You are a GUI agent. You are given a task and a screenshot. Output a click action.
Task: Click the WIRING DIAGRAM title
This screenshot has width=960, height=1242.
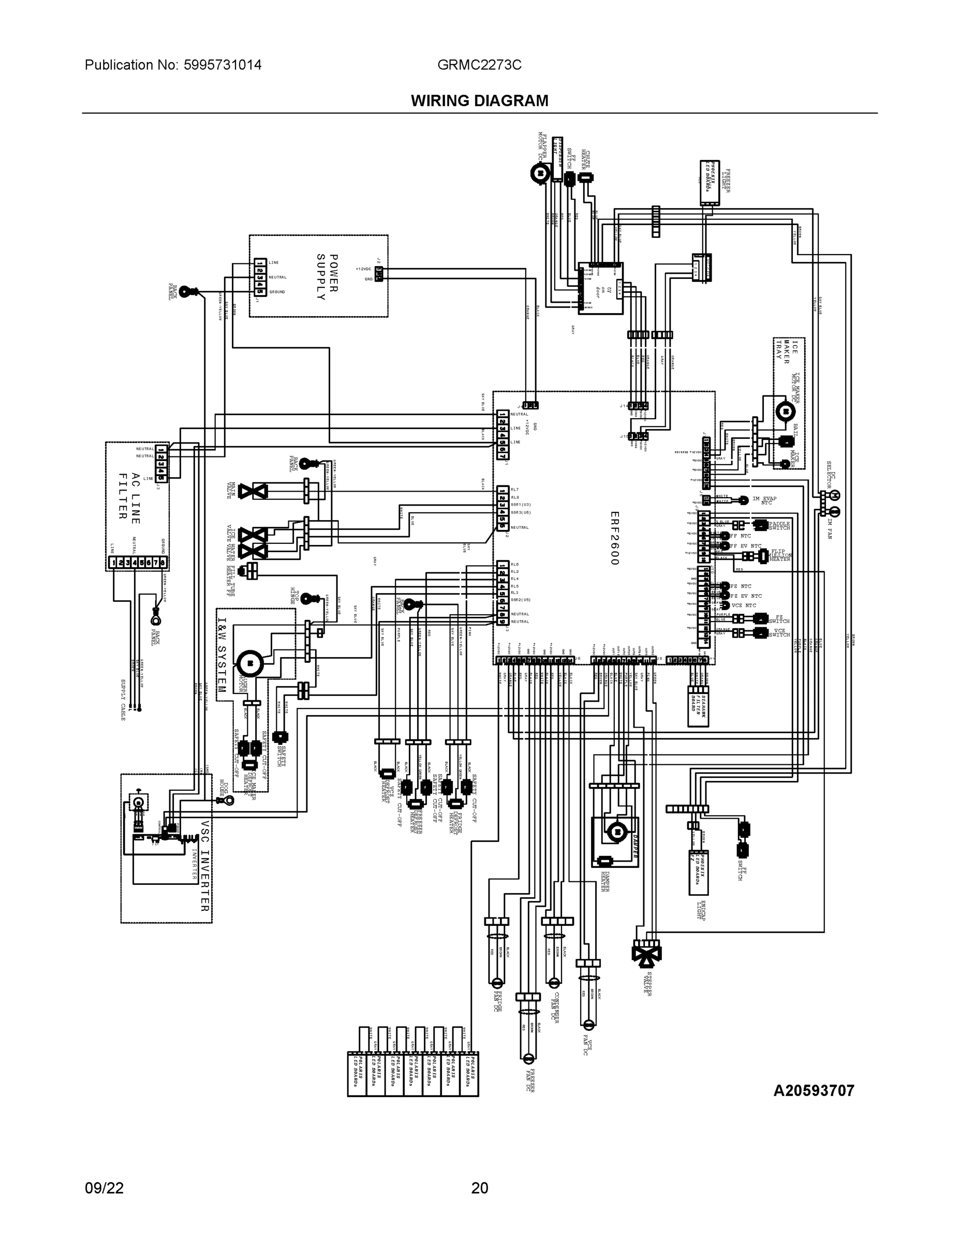[479, 101]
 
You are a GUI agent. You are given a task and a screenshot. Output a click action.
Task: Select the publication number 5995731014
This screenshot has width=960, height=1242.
[223, 65]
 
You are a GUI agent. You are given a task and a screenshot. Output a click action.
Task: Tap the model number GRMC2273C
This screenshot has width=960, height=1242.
[479, 65]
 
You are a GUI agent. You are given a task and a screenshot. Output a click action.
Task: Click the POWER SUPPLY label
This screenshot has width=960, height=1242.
[327, 277]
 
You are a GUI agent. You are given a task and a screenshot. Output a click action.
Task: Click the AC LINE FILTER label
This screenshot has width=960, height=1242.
[129, 496]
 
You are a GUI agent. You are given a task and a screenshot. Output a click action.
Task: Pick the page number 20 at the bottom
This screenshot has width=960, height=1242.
[479, 1188]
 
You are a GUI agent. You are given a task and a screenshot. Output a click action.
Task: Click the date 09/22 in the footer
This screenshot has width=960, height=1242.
[104, 1188]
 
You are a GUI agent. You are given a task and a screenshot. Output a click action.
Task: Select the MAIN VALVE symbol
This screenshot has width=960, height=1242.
[253, 491]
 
